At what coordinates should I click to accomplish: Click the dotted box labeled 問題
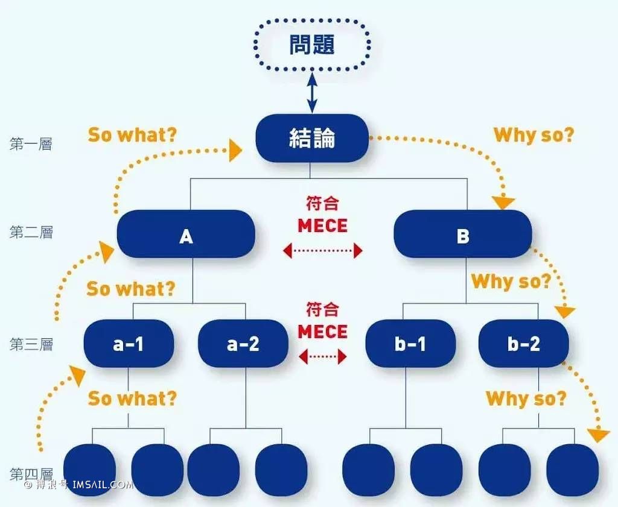[x=312, y=45]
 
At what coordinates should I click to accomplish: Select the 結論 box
[x=312, y=139]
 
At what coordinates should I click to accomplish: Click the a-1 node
[x=129, y=344]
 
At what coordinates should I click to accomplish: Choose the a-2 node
[x=243, y=344]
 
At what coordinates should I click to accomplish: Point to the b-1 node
[x=410, y=344]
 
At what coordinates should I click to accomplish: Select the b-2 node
[x=523, y=344]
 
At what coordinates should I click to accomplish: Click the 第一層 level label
[x=31, y=144]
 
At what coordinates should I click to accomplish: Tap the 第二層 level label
[x=31, y=232]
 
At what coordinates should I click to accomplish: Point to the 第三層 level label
[x=31, y=344]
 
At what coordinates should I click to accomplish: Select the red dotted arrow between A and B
[x=323, y=250]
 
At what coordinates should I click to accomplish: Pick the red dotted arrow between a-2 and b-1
[x=323, y=357]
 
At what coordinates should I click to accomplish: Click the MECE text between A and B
[x=323, y=226]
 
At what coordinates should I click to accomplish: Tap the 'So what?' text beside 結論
[x=133, y=135]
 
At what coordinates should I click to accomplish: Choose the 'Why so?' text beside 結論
[x=534, y=135]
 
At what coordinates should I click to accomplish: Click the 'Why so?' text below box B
[x=511, y=281]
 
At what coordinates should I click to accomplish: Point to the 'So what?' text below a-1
[x=132, y=398]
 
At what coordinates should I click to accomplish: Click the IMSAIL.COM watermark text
[x=103, y=484]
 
